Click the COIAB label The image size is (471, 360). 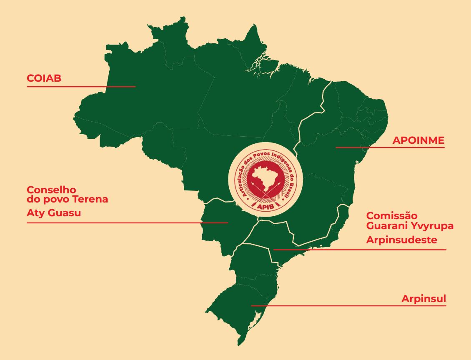tap(44, 78)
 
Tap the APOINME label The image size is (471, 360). tap(418, 140)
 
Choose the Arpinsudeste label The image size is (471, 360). tap(401, 240)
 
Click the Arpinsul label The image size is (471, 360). tap(423, 299)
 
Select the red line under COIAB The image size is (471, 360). tap(81, 87)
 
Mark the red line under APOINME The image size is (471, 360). tap(390, 147)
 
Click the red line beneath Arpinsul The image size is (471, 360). tap(348, 306)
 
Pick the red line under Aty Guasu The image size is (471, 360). tap(127, 223)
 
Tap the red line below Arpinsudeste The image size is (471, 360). tap(359, 250)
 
